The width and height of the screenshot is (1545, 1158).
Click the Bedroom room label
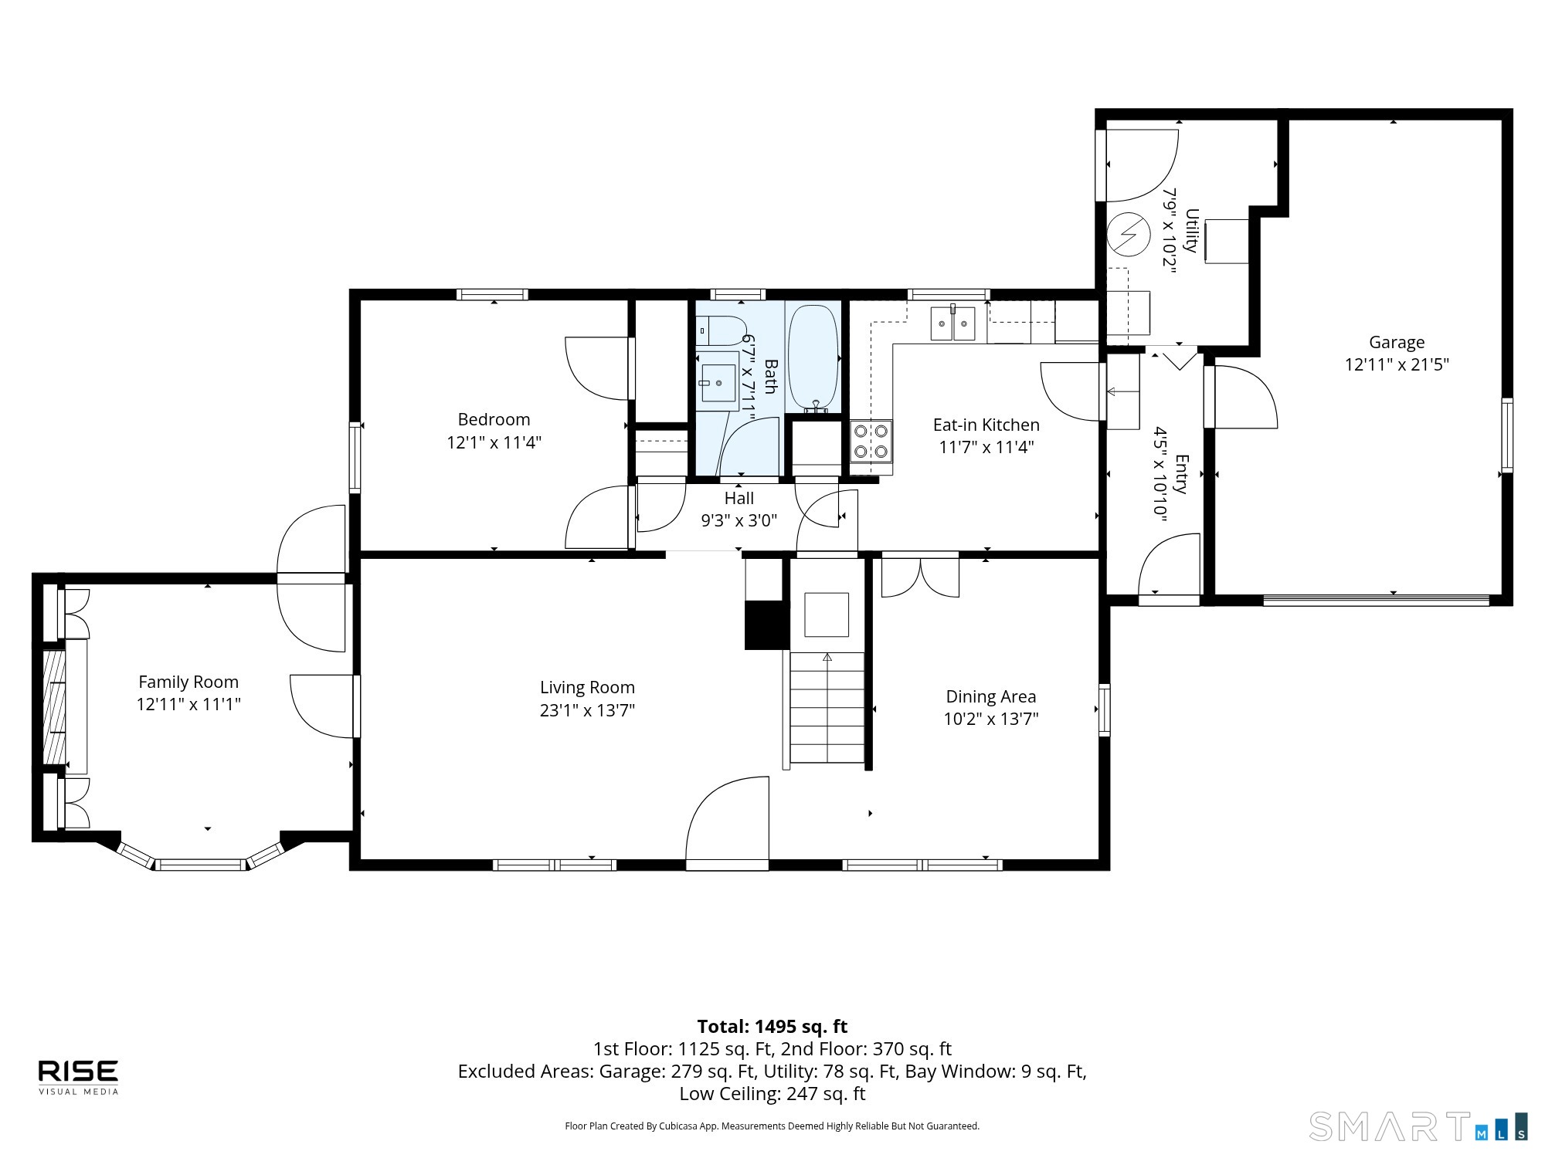[494, 419]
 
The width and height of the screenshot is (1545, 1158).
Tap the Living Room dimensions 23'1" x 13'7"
[587, 710]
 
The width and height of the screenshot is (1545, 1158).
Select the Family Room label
[188, 682]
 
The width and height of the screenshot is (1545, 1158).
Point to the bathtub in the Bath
[813, 358]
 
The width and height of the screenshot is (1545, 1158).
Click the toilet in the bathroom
[721, 330]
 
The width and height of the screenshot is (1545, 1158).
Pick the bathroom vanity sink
[718, 381]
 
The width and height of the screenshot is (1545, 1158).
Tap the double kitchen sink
[953, 323]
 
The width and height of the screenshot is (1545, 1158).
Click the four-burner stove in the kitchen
[871, 442]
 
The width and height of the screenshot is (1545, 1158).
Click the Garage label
[1397, 342]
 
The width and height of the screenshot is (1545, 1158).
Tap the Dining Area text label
[991, 696]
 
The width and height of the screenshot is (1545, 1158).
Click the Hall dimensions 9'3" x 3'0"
[739, 521]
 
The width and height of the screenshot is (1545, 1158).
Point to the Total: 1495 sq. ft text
[772, 1027]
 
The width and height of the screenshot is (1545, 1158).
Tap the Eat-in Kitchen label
[986, 425]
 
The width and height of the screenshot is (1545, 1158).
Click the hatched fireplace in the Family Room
[53, 706]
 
